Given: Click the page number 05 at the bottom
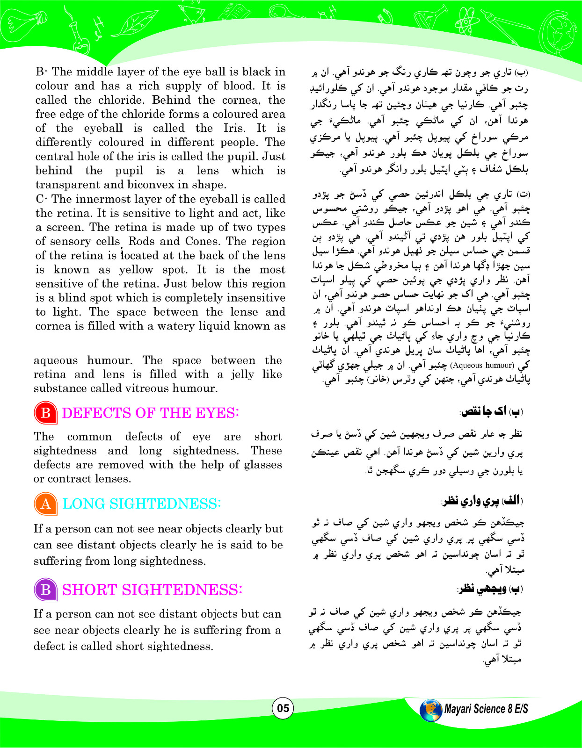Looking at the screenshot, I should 283,708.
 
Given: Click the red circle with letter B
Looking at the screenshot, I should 45,413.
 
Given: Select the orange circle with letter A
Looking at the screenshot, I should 45,503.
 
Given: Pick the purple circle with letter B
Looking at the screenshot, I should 45,590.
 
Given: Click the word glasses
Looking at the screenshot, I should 261,465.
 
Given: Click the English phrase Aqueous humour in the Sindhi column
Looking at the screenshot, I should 482,366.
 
